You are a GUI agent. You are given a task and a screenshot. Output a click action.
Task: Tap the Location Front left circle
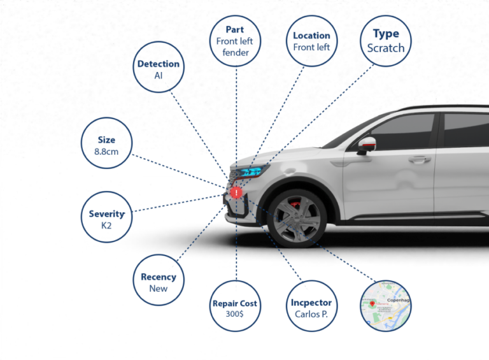pyautogui.click(x=311, y=41)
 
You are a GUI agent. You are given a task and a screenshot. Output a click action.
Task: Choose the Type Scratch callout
pyautogui.click(x=385, y=40)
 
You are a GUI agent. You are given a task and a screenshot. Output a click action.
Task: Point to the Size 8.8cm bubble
pyautogui.click(x=106, y=143)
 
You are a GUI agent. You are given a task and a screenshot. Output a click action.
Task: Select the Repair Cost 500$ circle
pyautogui.click(x=236, y=307)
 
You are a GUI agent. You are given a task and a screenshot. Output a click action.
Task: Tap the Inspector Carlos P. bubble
pyautogui.click(x=311, y=307)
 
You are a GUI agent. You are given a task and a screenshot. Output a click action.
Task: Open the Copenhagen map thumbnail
pyautogui.click(x=386, y=306)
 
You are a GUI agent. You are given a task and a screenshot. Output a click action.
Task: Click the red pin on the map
pyautogui.click(x=372, y=305)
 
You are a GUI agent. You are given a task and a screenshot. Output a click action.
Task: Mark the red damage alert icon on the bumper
pyautogui.click(x=236, y=192)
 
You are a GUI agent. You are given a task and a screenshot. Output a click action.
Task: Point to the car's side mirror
pyautogui.click(x=365, y=145)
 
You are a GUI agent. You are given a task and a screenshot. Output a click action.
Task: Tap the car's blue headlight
pyautogui.click(x=249, y=171)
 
